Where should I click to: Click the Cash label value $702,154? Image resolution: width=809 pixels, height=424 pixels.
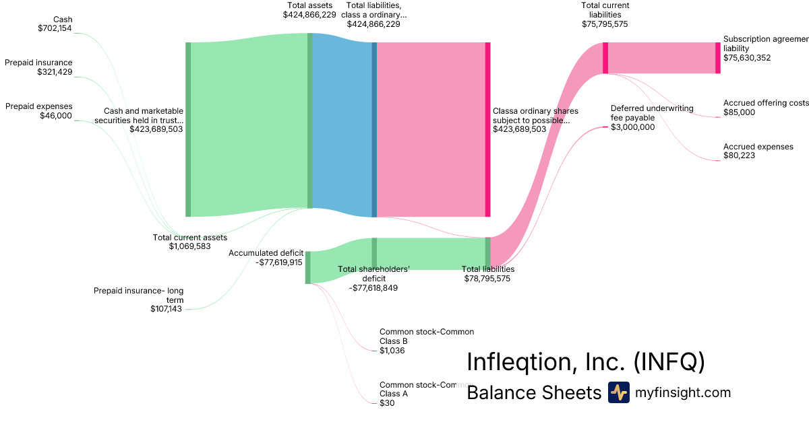tap(55, 29)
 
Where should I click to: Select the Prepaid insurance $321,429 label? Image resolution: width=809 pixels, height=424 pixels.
tap(38, 67)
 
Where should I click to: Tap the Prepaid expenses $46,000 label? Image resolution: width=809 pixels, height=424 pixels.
tap(38, 111)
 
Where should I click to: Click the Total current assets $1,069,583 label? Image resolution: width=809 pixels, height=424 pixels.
tap(189, 242)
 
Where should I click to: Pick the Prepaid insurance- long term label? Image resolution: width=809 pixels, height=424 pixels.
tap(138, 300)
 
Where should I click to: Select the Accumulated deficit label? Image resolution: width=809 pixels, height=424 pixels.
tap(265, 258)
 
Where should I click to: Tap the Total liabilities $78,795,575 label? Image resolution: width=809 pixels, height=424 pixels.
tap(487, 273)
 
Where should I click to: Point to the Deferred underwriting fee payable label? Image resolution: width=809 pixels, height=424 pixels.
tap(642, 117)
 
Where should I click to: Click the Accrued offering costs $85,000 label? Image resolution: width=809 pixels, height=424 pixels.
tap(765, 108)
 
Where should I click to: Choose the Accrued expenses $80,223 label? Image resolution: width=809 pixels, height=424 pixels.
tap(758, 151)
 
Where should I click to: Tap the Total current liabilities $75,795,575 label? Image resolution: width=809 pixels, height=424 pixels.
tap(605, 15)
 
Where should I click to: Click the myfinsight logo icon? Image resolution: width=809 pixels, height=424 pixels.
tap(618, 392)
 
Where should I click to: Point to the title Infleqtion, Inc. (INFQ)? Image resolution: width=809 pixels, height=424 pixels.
tap(585, 362)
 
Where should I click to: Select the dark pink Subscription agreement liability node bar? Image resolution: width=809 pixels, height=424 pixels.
tap(717, 57)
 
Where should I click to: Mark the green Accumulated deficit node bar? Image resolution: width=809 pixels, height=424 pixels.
tap(307, 267)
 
